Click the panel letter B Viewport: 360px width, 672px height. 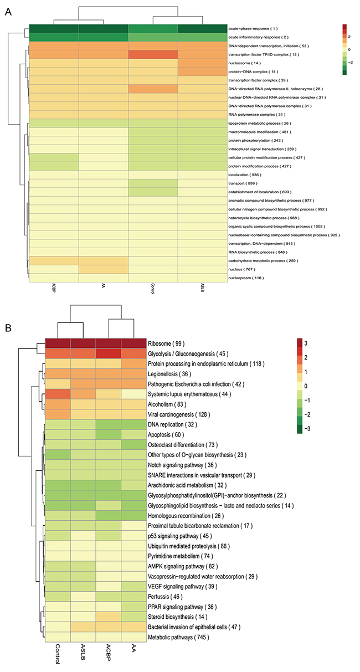point(8,328)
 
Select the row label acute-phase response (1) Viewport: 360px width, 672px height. point(254,28)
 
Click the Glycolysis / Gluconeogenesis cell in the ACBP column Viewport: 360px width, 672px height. point(109,353)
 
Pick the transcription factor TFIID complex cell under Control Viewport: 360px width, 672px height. point(153,55)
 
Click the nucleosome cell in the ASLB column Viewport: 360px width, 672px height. point(202,64)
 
